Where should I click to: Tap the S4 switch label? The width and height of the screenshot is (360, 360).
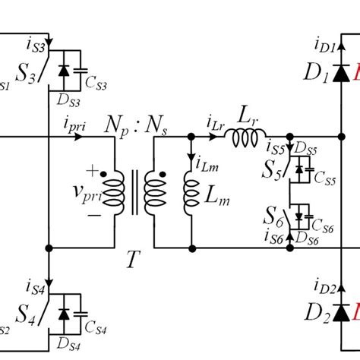pyautogui.click(x=21, y=313)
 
